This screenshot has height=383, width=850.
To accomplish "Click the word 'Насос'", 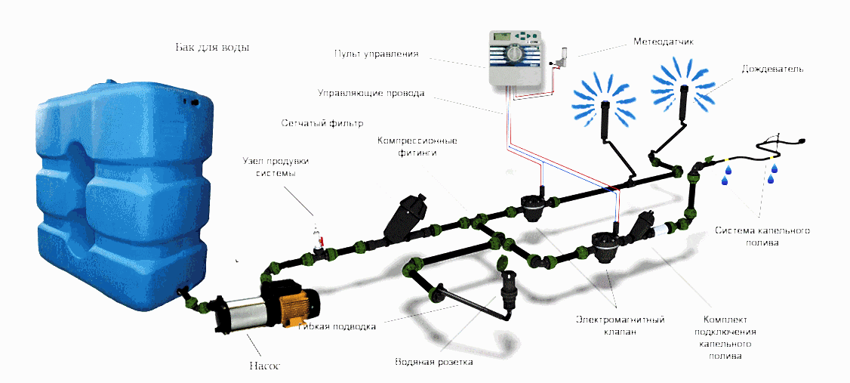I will pyautogui.click(x=264, y=366).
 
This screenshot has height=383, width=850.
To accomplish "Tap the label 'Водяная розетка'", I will pyautogui.click(x=433, y=362).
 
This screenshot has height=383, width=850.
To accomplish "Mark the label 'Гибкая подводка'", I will pyautogui.click(x=337, y=327).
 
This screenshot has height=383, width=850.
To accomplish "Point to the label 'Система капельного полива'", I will pyautogui.click(x=762, y=236).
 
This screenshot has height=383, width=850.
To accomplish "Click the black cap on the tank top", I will pyautogui.click(x=192, y=99).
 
